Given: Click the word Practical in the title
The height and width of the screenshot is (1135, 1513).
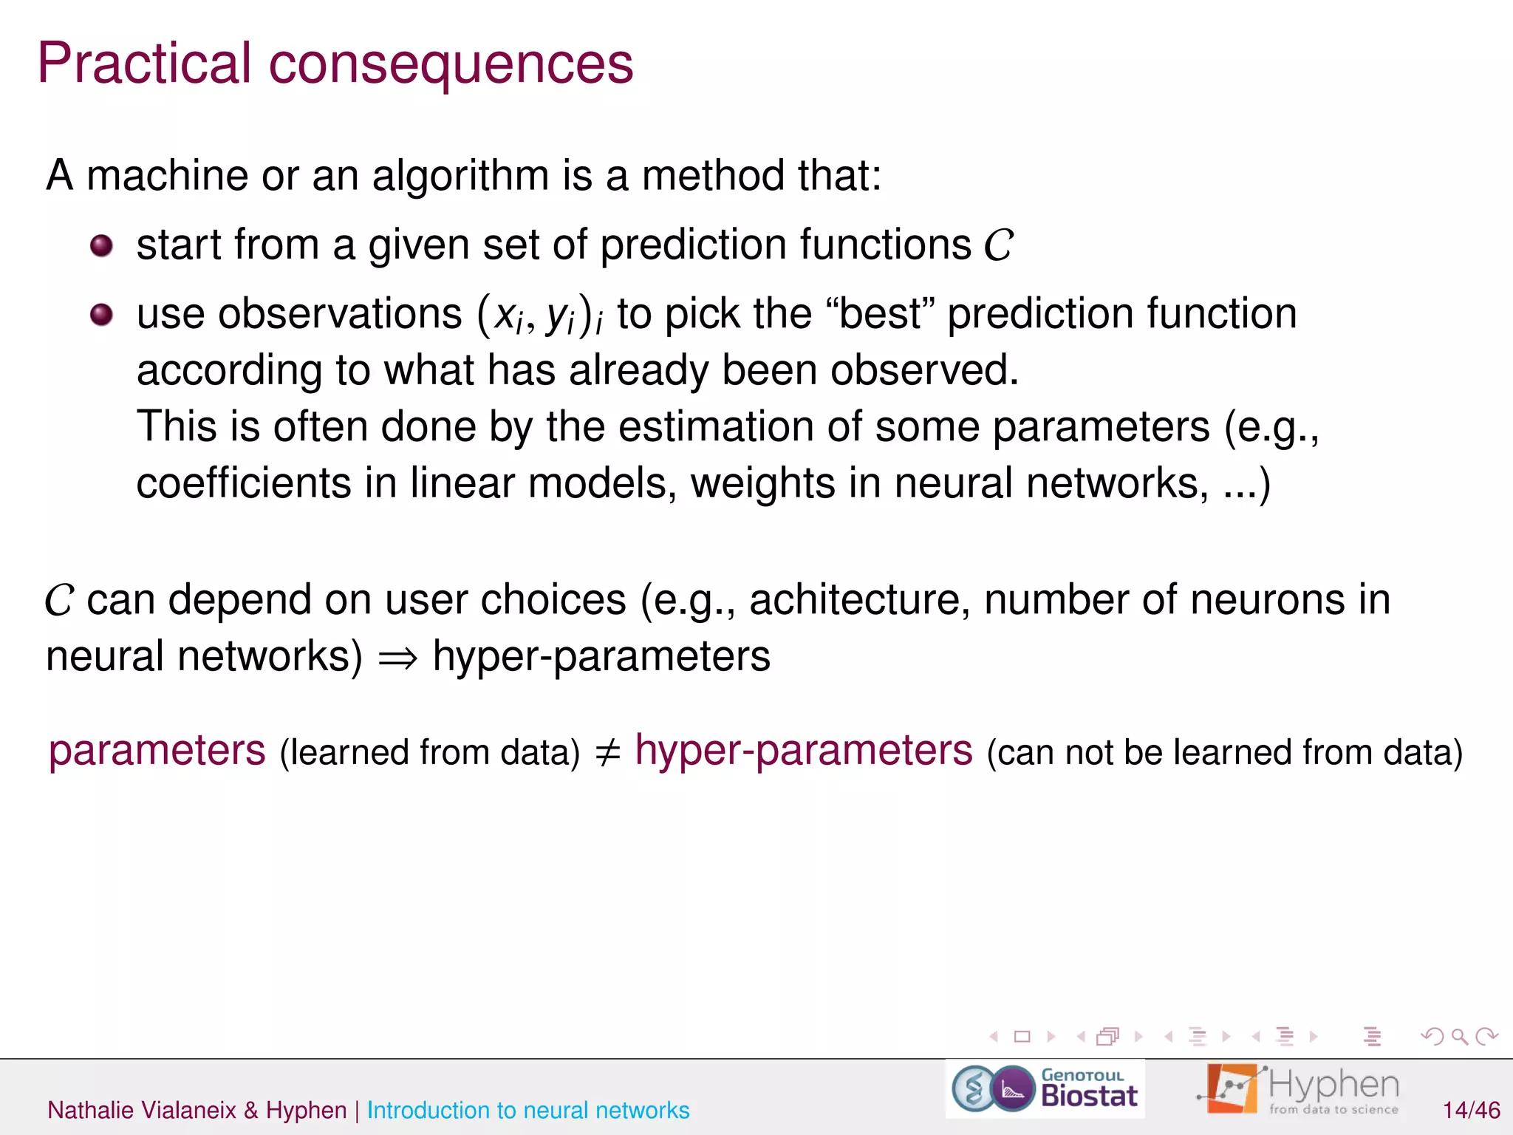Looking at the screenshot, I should coord(145,64).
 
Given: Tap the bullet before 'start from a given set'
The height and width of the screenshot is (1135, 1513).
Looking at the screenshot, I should coord(101,245).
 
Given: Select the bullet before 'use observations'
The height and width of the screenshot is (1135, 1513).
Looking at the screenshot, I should coord(101,315).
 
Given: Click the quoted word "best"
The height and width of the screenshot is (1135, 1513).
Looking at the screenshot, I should coord(881,313).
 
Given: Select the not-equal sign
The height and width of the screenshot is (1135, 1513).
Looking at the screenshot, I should coord(607,753).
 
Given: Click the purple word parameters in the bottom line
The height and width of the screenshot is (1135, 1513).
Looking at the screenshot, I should coord(157,751).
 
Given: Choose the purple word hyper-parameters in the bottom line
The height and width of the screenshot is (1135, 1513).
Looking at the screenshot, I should coord(804,751).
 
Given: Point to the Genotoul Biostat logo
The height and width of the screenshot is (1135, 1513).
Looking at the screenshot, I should coord(1045,1088).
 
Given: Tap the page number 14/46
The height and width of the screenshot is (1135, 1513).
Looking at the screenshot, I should coord(1471,1110).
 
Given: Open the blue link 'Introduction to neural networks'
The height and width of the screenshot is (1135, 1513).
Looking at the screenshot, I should coord(528,1110).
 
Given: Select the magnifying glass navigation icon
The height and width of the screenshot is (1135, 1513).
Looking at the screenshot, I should coord(1459,1037).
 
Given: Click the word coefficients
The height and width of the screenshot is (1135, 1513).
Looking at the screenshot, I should coord(244,483).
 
